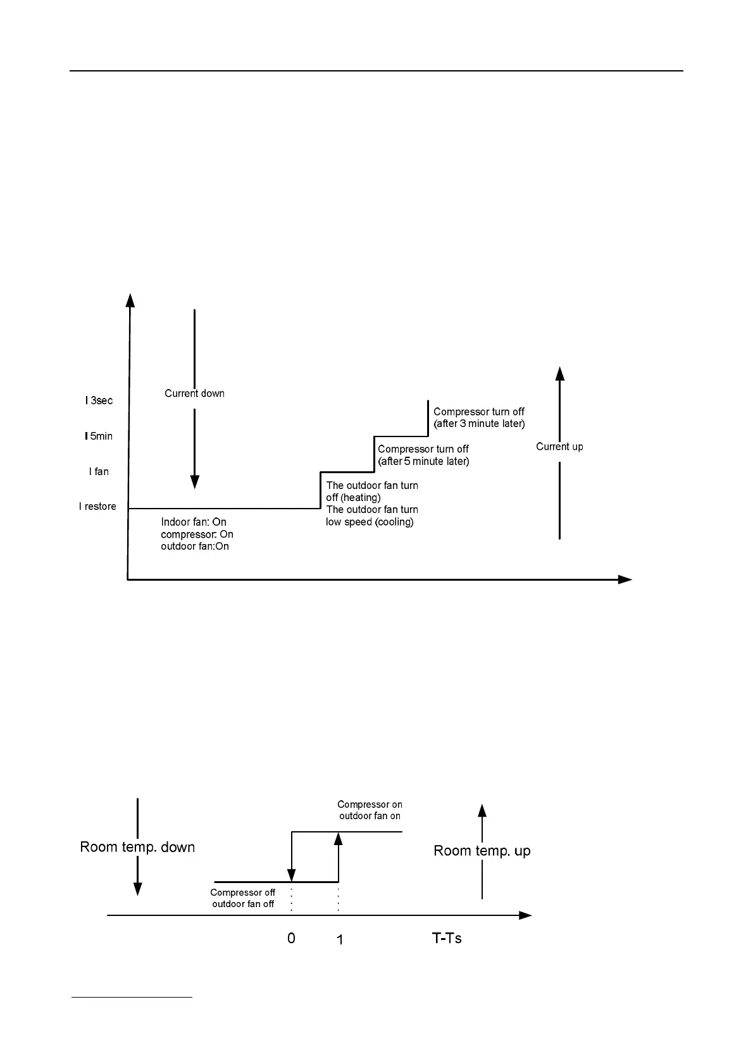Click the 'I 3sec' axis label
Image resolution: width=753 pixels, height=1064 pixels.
pyautogui.click(x=99, y=400)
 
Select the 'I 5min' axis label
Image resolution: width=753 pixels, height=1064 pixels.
pyautogui.click(x=99, y=436)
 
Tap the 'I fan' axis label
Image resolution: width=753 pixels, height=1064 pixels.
pyautogui.click(x=99, y=471)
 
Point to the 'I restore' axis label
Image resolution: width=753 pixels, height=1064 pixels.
pyautogui.click(x=97, y=506)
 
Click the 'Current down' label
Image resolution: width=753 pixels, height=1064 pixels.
pyautogui.click(x=194, y=393)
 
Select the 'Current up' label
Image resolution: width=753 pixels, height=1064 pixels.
pyautogui.click(x=559, y=447)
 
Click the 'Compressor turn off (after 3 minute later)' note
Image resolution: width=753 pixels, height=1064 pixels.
pyautogui.click(x=479, y=418)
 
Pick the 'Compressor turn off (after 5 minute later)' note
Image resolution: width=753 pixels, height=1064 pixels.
pyautogui.click(x=423, y=455)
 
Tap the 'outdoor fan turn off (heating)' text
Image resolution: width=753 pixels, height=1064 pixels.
pyautogui.click(x=372, y=492)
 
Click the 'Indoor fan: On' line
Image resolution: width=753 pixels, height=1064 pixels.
pyautogui.click(x=194, y=522)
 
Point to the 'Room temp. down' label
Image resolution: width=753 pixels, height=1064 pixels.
pyautogui.click(x=137, y=847)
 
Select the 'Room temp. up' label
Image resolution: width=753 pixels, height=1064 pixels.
pyautogui.click(x=482, y=851)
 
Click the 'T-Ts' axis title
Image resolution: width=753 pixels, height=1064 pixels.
pyautogui.click(x=447, y=938)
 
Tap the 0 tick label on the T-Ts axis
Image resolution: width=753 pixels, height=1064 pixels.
pyautogui.click(x=291, y=938)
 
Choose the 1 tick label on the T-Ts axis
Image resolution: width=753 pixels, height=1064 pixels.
pyautogui.click(x=340, y=940)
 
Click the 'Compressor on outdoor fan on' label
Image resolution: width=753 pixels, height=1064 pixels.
pyautogui.click(x=370, y=810)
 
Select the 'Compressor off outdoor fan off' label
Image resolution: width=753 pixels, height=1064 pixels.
pyautogui.click(x=243, y=898)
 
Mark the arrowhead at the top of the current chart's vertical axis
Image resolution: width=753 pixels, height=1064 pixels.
pyautogui.click(x=130, y=299)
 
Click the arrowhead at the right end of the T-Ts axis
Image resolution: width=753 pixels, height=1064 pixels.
pyautogui.click(x=525, y=915)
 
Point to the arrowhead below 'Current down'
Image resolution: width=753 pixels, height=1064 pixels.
pyautogui.click(x=195, y=482)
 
